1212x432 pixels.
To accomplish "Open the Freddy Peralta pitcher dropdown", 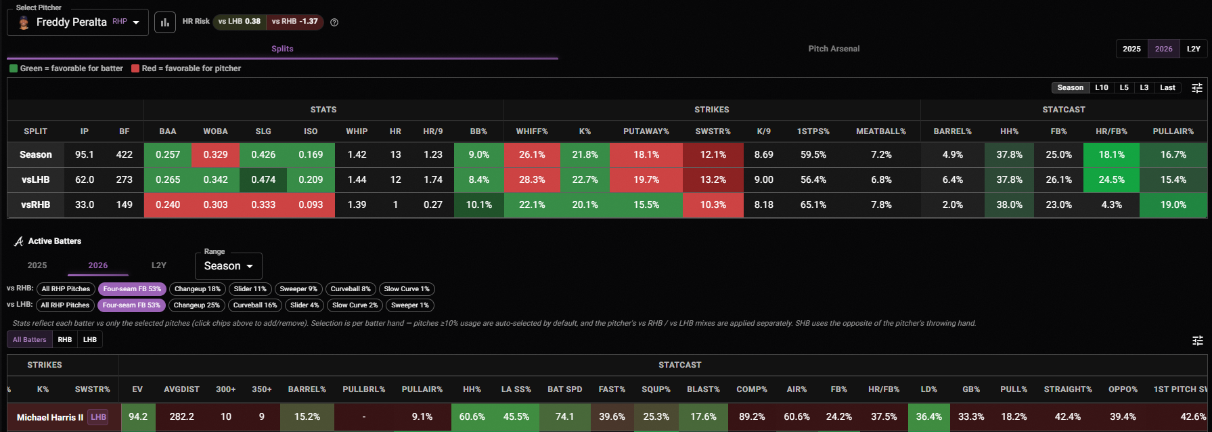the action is (x=78, y=22).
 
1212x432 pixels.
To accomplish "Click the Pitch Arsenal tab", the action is (x=834, y=49).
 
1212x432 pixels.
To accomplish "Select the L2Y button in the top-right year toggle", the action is (x=1193, y=49).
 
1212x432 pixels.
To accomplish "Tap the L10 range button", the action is (x=1102, y=87).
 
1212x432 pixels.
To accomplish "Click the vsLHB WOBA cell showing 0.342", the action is (x=215, y=179).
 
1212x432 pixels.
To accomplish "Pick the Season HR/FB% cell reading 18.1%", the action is (x=1111, y=154).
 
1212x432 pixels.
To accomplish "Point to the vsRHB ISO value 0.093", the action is (x=311, y=204).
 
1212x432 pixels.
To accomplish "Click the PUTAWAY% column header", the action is (x=646, y=131).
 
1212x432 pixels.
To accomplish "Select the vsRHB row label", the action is (x=36, y=204).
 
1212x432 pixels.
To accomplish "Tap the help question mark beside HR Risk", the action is (x=334, y=22).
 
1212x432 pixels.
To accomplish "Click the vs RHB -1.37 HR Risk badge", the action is (x=294, y=22).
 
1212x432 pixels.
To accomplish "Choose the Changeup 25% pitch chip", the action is (x=196, y=305).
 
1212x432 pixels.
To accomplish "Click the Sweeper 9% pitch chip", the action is (x=298, y=289).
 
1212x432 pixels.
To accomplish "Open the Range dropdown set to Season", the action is (x=229, y=266).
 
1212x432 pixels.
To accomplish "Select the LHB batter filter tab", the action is (x=90, y=340).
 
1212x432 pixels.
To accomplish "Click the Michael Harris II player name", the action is (x=50, y=417).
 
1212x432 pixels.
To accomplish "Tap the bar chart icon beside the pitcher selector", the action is (x=165, y=22).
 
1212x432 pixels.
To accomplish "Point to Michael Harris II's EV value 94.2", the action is (x=138, y=417).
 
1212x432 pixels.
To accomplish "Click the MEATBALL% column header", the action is (x=881, y=131).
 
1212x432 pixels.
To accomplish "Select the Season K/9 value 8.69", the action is (x=763, y=154).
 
